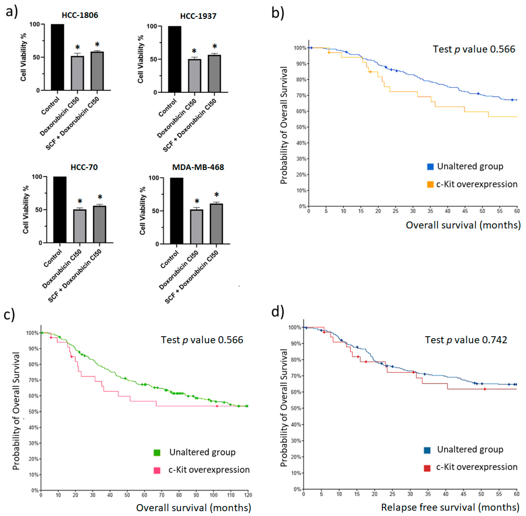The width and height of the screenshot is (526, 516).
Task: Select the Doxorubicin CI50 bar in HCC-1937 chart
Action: coord(194,76)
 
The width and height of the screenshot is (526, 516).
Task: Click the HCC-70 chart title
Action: coord(84,167)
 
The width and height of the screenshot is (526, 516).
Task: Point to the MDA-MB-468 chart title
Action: coord(198,167)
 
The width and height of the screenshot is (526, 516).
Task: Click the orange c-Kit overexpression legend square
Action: coord(430,184)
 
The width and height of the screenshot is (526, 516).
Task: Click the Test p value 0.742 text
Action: coord(466,340)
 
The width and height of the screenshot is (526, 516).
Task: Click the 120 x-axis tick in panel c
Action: coord(248,495)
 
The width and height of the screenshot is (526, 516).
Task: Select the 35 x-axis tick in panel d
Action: coord(428,494)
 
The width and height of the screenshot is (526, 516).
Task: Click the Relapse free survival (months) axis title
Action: coord(450,507)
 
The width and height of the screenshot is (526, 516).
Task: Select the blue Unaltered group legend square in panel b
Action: coord(430,166)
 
